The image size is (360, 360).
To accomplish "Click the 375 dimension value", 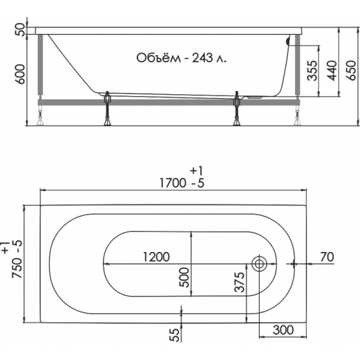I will coord(240,283).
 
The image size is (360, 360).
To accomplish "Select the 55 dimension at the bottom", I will coord(175,334).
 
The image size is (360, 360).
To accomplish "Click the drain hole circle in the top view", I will coord(259,265).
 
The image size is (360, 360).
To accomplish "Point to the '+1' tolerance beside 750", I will coord(7,247).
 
